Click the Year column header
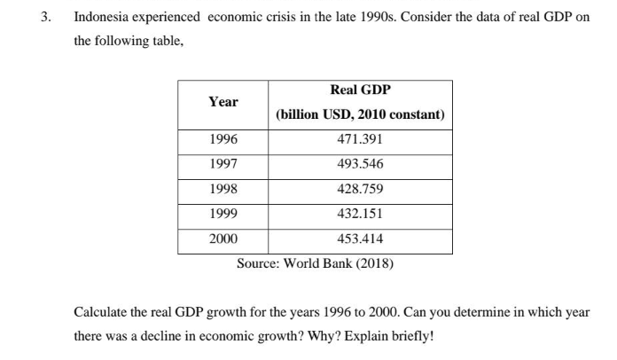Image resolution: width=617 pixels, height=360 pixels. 223,102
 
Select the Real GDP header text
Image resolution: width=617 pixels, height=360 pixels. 360,90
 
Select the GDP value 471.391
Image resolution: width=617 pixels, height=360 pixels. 360,140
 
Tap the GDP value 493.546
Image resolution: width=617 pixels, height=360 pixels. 360,165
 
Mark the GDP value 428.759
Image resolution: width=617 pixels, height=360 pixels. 360,189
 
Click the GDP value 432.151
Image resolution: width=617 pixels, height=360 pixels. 360,214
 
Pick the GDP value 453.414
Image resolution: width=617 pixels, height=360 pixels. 360,239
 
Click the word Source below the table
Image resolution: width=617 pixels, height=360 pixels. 258,263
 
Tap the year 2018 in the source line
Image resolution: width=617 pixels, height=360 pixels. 373,263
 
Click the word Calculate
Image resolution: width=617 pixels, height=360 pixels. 103,314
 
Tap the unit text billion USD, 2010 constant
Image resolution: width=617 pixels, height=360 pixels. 360,115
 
